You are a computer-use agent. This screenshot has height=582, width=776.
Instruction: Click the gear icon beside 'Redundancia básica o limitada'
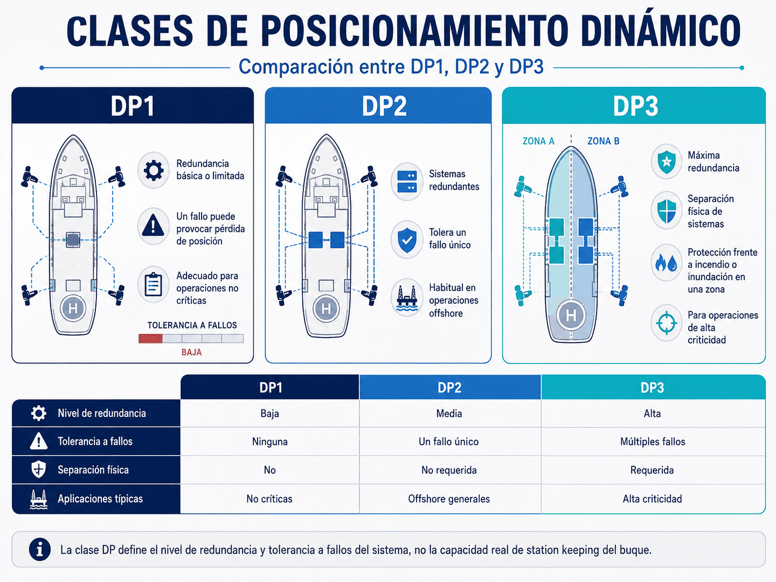[x=153, y=170]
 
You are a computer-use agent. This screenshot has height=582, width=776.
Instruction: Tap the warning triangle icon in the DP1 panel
[x=153, y=226]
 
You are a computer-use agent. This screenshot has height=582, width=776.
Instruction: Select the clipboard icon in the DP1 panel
[x=153, y=285]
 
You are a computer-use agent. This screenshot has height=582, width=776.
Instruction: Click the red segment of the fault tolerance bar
[x=151, y=339]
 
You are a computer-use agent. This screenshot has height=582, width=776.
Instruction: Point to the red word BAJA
[x=192, y=352]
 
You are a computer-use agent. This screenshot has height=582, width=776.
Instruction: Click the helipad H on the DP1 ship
[x=73, y=309]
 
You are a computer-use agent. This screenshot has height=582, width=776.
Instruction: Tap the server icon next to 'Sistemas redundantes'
[x=407, y=182]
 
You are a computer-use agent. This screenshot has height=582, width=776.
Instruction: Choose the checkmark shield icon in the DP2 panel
[x=407, y=240]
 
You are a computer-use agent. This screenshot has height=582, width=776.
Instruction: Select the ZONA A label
[x=539, y=141]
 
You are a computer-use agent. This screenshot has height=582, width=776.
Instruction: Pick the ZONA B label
[x=603, y=141]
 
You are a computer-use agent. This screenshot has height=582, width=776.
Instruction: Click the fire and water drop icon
[x=666, y=263]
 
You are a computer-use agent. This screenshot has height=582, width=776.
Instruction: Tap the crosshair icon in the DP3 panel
[x=666, y=323]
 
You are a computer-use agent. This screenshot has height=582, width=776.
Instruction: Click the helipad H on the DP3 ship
[x=571, y=315]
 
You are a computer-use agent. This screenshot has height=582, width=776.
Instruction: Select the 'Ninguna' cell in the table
[x=270, y=442]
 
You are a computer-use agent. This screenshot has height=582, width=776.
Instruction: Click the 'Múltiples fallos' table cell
[x=653, y=442]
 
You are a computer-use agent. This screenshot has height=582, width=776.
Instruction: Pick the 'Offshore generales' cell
[x=449, y=499]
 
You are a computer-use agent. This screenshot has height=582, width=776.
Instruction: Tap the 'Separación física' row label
[x=93, y=470]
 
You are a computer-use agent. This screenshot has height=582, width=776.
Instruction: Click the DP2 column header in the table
[x=450, y=387]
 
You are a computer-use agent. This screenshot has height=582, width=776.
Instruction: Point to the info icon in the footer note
[x=40, y=549]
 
